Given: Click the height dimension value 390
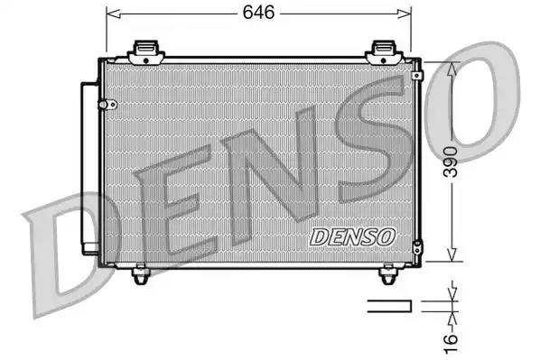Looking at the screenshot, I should [x=461, y=163].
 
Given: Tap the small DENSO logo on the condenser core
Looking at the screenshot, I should [x=353, y=235].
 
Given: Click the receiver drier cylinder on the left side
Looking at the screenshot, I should [x=88, y=168].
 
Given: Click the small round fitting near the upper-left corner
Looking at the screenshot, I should [x=107, y=103].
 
